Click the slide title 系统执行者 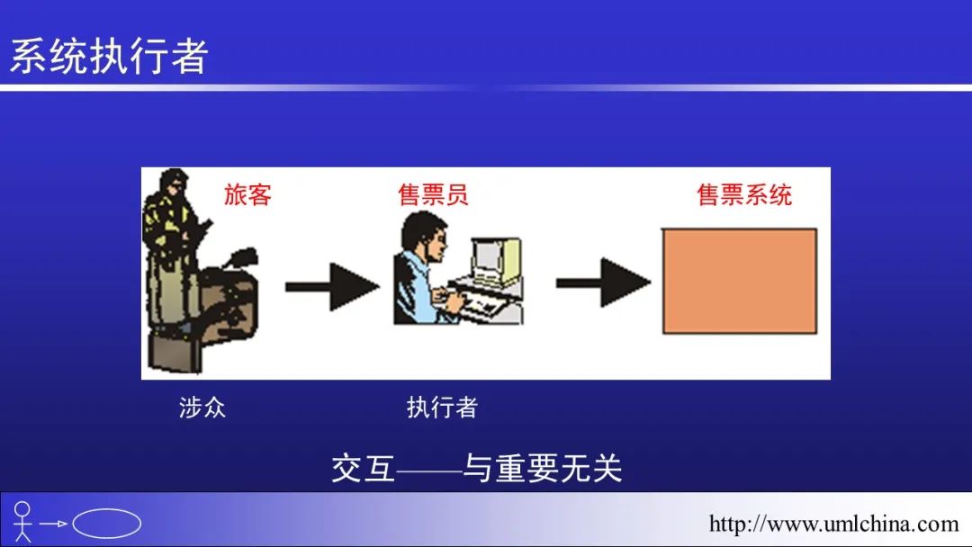tap(109, 56)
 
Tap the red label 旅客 tap(248, 194)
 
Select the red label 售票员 tap(433, 194)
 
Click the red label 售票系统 tap(744, 194)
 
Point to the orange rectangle tap(740, 282)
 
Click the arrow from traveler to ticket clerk tap(332, 287)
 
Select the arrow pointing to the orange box tap(603, 282)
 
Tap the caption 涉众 tap(202, 408)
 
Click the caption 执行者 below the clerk tap(442, 408)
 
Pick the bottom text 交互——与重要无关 tap(477, 468)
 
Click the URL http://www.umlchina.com tap(833, 525)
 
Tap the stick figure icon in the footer tap(22, 522)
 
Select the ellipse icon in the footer tap(106, 524)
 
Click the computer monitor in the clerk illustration tap(497, 260)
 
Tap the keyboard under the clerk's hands tap(483, 303)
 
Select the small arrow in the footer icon tap(53, 524)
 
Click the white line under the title tap(486, 88)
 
